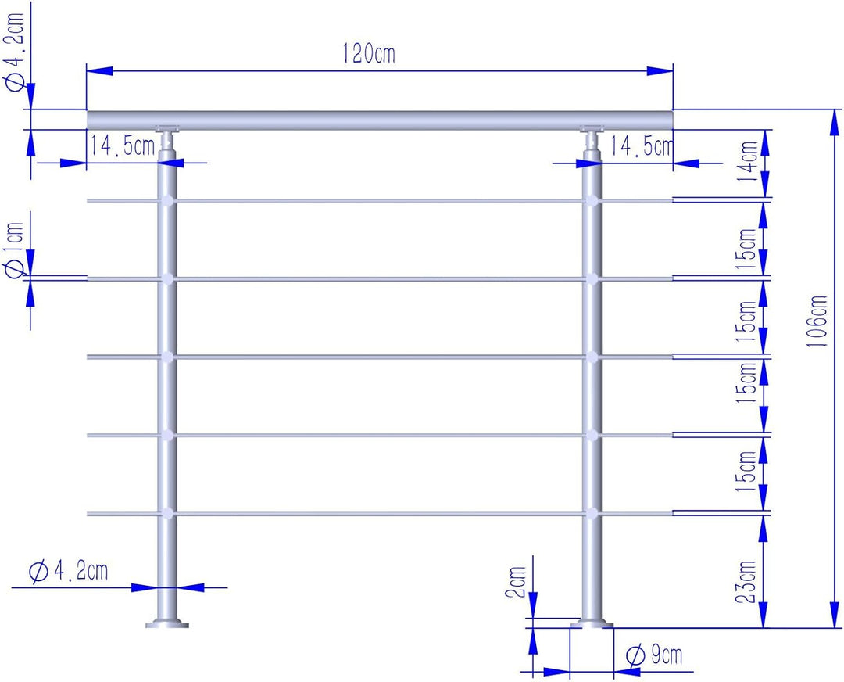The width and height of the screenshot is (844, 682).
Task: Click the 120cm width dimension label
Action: pyautogui.click(x=369, y=54)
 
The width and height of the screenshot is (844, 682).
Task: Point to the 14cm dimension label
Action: pyautogui.click(x=749, y=161)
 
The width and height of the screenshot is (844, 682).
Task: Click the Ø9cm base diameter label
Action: pyautogui.click(x=655, y=655)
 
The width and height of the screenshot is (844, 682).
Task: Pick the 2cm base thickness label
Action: pyautogui.click(x=515, y=583)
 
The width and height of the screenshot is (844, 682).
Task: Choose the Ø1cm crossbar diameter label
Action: pyautogui.click(x=15, y=250)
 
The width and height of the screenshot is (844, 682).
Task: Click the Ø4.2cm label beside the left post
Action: pyautogui.click(x=68, y=570)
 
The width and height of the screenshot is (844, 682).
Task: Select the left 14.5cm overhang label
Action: pyautogui.click(x=123, y=145)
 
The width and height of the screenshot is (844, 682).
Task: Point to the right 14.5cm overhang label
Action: pyautogui.click(x=642, y=146)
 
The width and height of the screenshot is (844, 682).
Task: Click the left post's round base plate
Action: pyautogui.click(x=167, y=624)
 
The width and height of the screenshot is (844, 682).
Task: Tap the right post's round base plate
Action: pyautogui.click(x=592, y=624)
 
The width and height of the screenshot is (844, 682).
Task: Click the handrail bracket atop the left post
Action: pyautogui.click(x=167, y=139)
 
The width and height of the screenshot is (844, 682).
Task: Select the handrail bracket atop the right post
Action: pyautogui.click(x=592, y=139)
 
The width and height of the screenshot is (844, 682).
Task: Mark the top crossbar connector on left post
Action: pyautogui.click(x=167, y=201)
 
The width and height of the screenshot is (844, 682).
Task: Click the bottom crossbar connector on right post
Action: pyautogui.click(x=592, y=513)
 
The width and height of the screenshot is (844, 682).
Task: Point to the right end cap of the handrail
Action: pyautogui.click(x=671, y=120)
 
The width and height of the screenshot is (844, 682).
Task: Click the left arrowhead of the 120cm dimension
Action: pyautogui.click(x=99, y=70)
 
